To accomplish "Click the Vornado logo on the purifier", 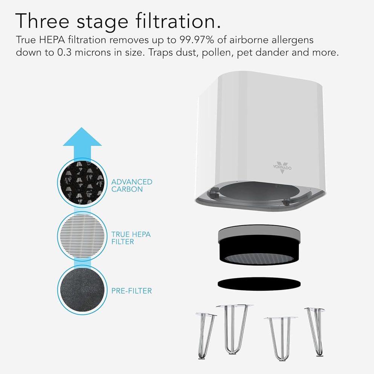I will click(x=282, y=167).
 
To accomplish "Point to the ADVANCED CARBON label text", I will click(x=132, y=185).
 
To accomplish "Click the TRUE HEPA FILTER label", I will click(x=131, y=238).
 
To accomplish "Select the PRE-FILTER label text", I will click(x=132, y=291).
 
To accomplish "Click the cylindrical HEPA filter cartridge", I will click(x=259, y=247).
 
